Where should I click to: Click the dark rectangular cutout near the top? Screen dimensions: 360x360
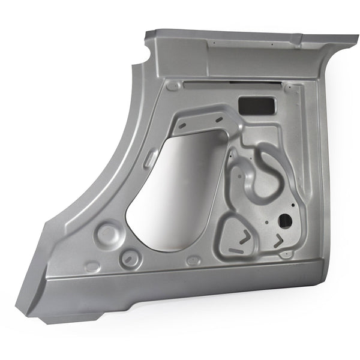click(x=254, y=106)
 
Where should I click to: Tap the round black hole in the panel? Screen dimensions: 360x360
click(x=286, y=220)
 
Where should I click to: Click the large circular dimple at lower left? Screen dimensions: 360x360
click(x=107, y=232)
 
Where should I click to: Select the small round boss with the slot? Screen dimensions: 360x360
click(x=129, y=259)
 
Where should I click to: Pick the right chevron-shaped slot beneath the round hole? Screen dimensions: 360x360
click(x=278, y=241)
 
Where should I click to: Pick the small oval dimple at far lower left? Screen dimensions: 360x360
click(x=92, y=266)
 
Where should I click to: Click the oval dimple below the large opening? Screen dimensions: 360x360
click(x=193, y=261)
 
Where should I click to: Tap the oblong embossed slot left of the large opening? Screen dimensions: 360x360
click(x=151, y=158)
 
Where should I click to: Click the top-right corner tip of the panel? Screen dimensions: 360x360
click(x=358, y=38)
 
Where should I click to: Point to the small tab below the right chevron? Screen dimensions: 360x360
click(x=286, y=254)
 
